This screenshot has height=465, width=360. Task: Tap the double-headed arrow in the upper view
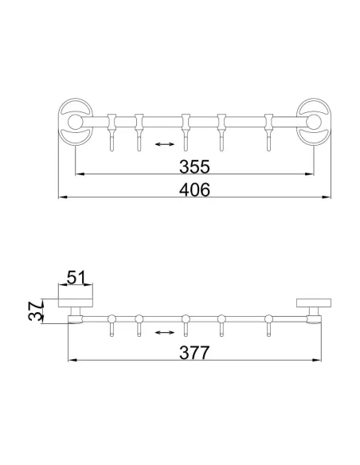(165, 144)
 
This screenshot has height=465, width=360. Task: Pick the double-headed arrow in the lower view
(165, 332)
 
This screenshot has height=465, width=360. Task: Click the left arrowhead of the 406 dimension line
(63, 197)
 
